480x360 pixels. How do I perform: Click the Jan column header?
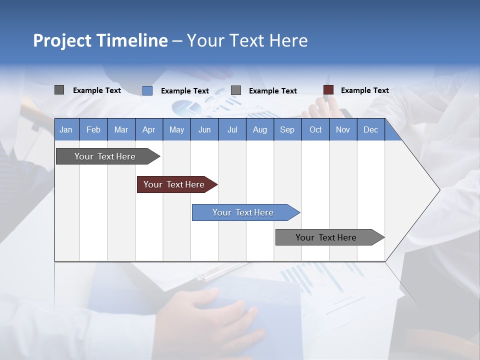coord(66,129)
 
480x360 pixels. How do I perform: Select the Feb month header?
coord(93,129)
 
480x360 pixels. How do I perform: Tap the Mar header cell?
coord(121,129)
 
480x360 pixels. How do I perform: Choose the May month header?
coord(176,129)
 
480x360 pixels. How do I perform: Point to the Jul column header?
coord(232,129)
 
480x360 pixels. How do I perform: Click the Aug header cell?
coord(259,129)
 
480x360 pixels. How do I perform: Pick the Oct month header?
coord(315,129)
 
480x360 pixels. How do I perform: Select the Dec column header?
coord(370,129)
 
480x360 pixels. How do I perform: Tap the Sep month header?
coord(287,129)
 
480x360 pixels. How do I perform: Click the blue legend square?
coord(147,90)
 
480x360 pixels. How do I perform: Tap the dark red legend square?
coord(328,90)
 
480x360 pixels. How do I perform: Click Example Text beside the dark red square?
coord(364,90)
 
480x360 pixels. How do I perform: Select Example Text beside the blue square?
coord(184,91)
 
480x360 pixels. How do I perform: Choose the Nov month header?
coord(343,129)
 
